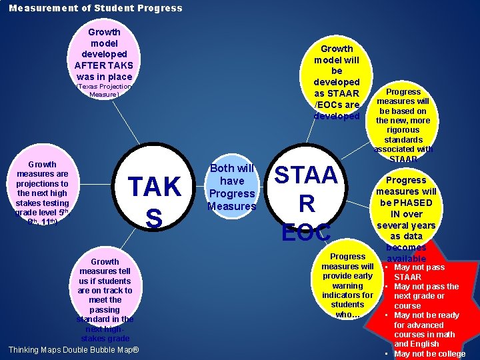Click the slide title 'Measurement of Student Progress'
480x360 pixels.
[x=95, y=8]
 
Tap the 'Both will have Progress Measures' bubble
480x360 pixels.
[x=232, y=187]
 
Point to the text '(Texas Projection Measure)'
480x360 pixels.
[x=104, y=90]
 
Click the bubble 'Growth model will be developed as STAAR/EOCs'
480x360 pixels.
[x=337, y=82]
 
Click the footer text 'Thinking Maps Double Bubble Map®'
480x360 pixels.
[x=73, y=350]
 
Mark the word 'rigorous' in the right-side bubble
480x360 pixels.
[x=403, y=130]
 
